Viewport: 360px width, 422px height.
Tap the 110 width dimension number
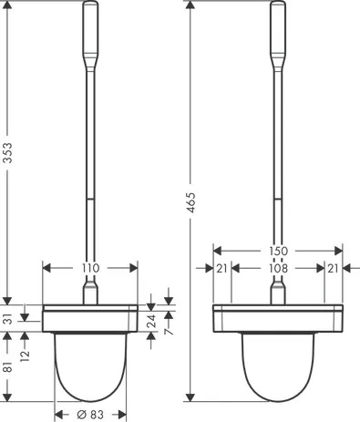90,269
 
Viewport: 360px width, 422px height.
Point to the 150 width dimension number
278,251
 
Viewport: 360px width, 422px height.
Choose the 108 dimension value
278,269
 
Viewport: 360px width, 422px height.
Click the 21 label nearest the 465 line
221,269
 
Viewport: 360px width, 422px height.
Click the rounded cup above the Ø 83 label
90,365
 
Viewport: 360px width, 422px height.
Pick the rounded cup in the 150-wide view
278,365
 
